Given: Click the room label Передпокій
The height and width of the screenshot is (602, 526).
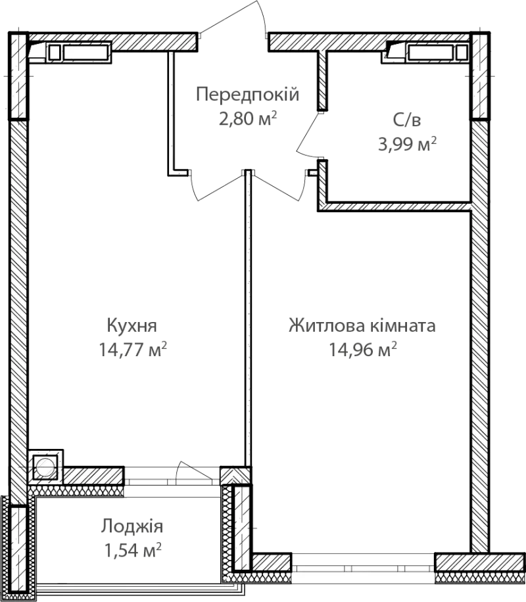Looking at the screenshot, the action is pyautogui.click(x=247, y=95).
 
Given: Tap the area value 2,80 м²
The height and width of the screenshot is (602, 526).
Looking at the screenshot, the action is pyautogui.click(x=248, y=118).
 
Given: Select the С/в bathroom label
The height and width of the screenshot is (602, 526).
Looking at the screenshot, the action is pyautogui.click(x=407, y=120).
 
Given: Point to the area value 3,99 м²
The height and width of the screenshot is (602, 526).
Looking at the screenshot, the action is pyautogui.click(x=407, y=145).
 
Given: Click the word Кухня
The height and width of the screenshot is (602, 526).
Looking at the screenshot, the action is pyautogui.click(x=131, y=325).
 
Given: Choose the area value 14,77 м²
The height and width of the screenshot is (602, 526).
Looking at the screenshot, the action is pyautogui.click(x=133, y=350).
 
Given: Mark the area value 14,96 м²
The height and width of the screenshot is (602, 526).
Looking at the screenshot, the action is pyautogui.click(x=363, y=350).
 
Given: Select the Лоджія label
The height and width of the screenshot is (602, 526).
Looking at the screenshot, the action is pyautogui.click(x=132, y=526).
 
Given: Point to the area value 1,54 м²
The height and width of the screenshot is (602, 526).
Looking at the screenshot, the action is pyautogui.click(x=133, y=551).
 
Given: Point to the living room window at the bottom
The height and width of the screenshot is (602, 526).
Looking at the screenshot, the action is pyautogui.click(x=363, y=563).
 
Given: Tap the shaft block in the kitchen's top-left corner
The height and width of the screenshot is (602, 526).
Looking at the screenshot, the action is pyautogui.click(x=70, y=52).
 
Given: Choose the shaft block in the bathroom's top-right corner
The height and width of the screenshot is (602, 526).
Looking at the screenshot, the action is pyautogui.click(x=427, y=52).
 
